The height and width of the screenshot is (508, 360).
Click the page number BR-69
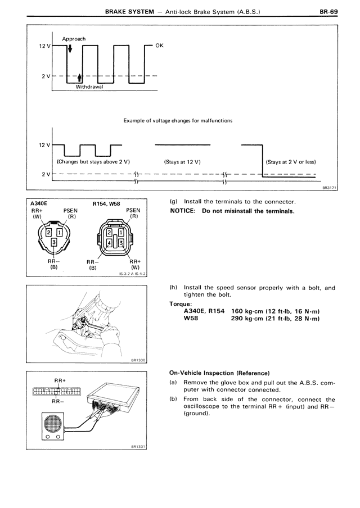[327, 10]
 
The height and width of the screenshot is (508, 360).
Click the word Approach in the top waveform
[74, 39]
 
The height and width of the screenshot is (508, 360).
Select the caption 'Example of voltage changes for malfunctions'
[178, 120]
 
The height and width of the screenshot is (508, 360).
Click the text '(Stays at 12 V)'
[182, 161]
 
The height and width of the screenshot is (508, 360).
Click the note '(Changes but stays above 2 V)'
[93, 161]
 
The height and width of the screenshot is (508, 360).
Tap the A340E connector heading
[36, 203]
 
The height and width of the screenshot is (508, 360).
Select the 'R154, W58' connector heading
[106, 203]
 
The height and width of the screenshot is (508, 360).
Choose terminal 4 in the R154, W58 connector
[110, 243]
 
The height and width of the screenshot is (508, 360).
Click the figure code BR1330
[136, 361]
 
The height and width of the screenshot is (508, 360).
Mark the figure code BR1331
[136, 447]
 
